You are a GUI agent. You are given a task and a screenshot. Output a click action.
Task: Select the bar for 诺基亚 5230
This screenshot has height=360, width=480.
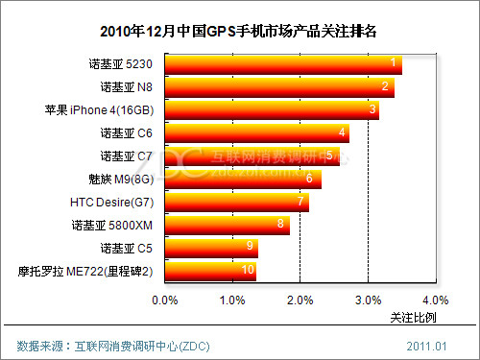[283, 65]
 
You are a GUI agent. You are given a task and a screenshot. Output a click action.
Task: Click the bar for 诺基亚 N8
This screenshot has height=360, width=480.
[279, 88]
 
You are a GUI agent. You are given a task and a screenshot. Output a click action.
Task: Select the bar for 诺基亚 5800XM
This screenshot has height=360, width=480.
[228, 226]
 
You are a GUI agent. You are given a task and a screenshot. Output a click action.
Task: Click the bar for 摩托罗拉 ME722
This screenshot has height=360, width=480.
[210, 271]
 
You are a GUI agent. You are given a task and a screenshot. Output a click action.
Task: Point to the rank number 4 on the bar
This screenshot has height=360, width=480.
[342, 132]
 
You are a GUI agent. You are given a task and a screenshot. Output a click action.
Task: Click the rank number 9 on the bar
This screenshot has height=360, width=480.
[250, 247]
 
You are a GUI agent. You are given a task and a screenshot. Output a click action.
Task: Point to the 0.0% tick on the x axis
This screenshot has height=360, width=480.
[166, 300]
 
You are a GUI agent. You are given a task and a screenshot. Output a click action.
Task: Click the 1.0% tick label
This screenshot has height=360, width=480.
[233, 300]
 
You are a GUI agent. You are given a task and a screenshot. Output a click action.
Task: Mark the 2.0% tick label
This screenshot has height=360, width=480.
[300, 300]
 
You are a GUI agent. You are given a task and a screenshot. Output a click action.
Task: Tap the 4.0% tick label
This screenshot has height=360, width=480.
[435, 300]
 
